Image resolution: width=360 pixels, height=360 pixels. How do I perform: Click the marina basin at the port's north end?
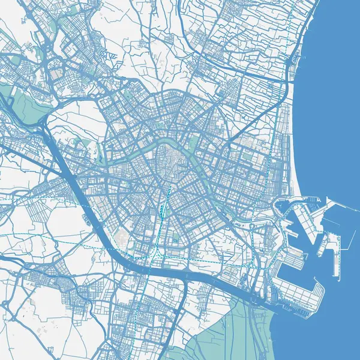tap(284, 206)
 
